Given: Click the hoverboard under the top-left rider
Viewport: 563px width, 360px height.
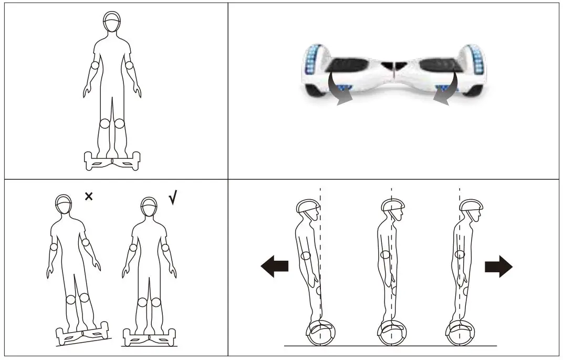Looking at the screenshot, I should point(111,160).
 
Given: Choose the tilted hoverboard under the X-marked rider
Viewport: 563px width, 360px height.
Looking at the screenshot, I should point(82,334).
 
